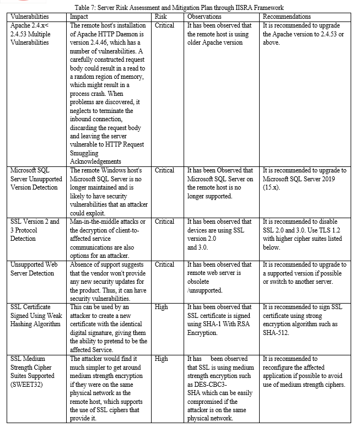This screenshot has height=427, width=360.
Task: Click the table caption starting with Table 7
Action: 180,8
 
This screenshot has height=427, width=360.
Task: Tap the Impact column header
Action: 79,17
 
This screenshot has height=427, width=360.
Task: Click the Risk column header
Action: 160,17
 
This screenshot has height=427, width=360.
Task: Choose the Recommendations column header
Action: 287,17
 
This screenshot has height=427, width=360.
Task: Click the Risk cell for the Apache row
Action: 164,25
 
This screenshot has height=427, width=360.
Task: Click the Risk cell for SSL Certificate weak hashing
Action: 161,307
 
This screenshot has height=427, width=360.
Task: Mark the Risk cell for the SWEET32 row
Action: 161,359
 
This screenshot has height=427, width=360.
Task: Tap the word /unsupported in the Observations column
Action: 205,290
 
